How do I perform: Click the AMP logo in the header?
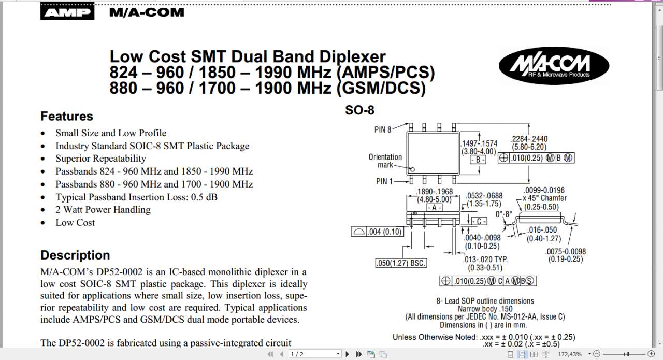point(67,12)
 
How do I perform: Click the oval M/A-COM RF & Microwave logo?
point(554,66)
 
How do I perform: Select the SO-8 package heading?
point(359,110)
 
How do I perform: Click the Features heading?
point(67,116)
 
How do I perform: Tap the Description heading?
point(75,255)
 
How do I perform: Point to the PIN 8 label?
point(383,129)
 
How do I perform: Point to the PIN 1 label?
point(384,181)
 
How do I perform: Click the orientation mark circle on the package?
point(413,169)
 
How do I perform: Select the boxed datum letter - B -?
point(478,160)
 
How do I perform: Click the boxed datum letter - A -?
point(434,207)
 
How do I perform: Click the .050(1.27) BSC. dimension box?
point(401,263)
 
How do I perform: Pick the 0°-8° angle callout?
point(503,214)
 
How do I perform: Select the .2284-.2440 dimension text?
point(529,139)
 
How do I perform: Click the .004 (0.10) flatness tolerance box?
point(378,232)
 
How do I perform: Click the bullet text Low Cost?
point(75,222)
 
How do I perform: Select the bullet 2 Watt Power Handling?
point(103,209)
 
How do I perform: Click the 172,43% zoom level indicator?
point(569,354)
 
